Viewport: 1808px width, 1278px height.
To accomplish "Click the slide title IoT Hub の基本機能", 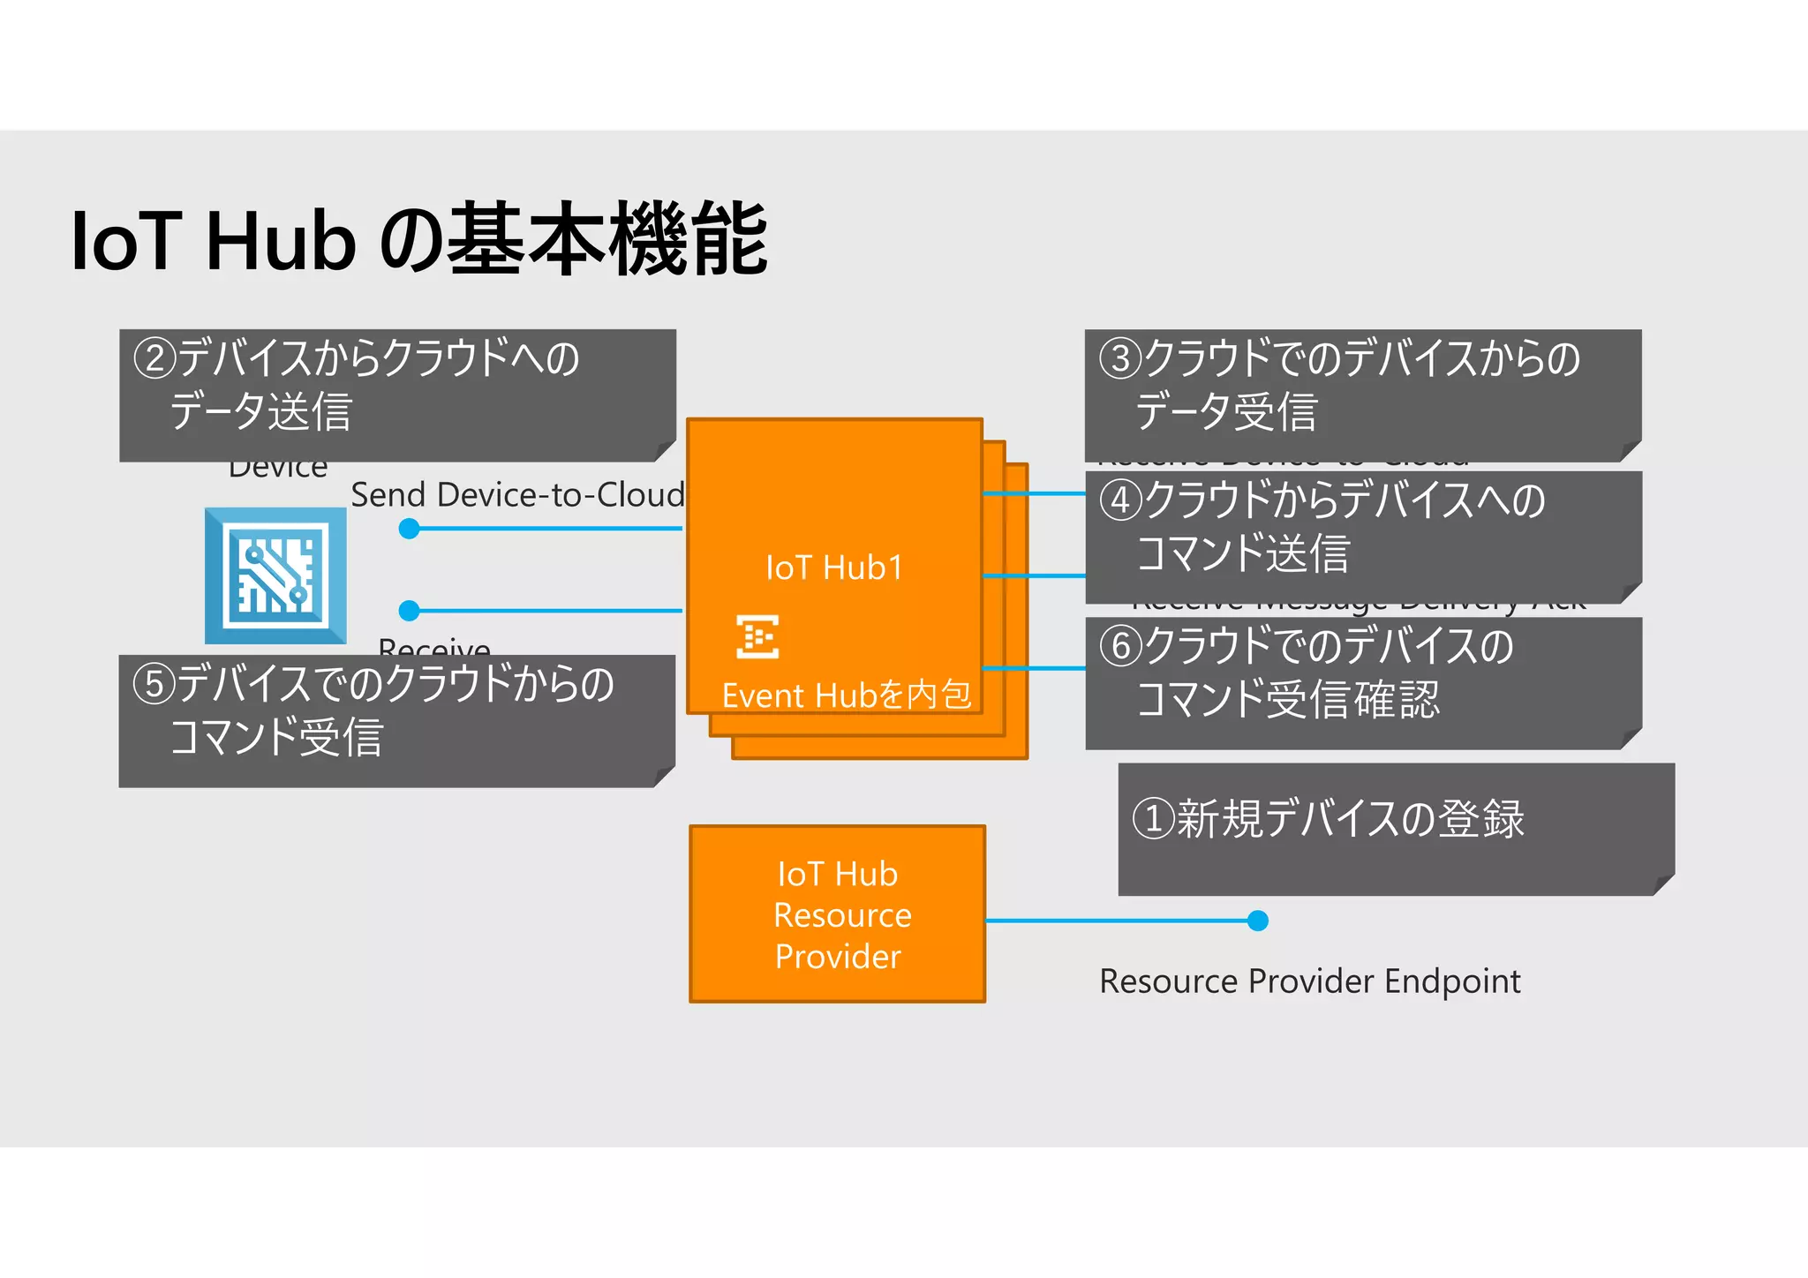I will coord(418,239).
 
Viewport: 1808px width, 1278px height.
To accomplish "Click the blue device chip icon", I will coord(275,575).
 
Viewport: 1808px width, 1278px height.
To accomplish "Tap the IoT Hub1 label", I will coord(834,568).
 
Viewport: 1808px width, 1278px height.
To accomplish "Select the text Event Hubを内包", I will coord(846,695).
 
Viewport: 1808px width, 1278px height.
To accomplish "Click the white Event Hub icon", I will coord(757,636).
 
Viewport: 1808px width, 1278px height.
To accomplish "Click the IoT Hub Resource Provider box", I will coord(837,914).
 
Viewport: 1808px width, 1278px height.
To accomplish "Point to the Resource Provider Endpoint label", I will coord(1309,981).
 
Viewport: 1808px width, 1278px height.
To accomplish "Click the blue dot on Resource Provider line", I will coord(1258,921).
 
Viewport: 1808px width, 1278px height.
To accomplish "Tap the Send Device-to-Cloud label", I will coord(517,495).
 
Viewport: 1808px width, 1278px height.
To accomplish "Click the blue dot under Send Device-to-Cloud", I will coord(409,529).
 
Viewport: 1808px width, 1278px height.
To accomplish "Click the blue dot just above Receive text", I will coord(409,610).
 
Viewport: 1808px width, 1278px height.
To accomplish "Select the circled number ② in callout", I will coord(154,358).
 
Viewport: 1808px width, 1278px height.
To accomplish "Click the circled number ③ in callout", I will coord(1120,358).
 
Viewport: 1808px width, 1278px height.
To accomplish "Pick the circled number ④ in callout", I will coord(1120,500).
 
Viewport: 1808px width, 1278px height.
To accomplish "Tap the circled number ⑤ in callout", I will coord(154,684).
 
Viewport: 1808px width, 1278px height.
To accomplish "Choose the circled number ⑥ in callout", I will coord(1120,645).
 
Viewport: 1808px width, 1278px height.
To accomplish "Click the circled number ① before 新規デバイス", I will coord(1153,818).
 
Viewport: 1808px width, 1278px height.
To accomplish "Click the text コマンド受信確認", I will coord(1287,700).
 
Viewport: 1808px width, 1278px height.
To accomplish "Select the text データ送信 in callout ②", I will coord(261,412).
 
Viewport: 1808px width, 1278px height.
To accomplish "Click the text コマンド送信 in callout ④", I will coord(1242,554).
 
